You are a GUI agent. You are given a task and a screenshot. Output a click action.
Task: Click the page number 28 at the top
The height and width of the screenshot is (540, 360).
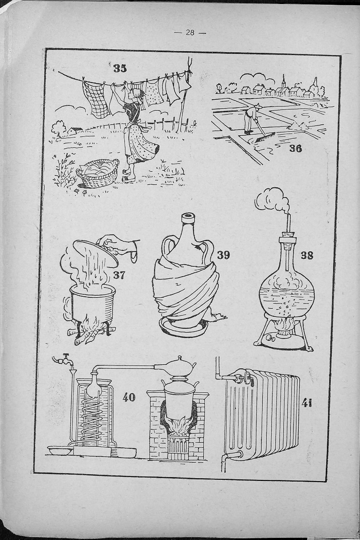click(x=190, y=33)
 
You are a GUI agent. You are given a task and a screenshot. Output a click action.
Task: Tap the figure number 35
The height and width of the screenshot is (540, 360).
click(x=120, y=68)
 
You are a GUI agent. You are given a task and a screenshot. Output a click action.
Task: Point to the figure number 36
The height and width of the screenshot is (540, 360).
click(x=296, y=148)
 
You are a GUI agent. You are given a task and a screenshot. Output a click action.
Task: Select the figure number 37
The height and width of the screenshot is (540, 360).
click(x=119, y=275)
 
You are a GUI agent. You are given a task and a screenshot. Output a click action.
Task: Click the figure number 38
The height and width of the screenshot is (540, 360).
click(x=307, y=256)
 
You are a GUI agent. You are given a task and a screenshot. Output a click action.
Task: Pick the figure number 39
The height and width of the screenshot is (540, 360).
click(x=223, y=255)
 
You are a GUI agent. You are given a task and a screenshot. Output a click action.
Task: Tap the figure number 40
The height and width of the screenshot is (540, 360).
click(x=129, y=397)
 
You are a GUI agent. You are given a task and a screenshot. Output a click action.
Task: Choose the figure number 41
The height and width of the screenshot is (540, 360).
click(x=307, y=404)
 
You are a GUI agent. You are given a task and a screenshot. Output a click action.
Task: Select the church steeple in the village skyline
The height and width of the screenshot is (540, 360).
click(x=284, y=81)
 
